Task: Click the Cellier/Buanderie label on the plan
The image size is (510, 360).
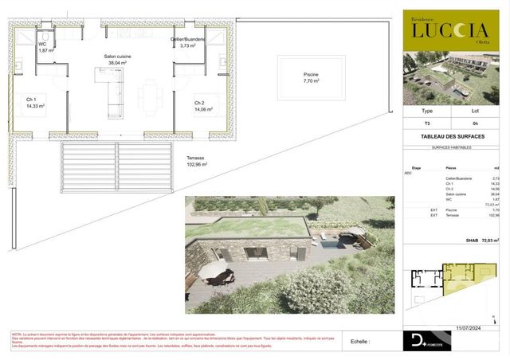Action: pyautogui.click(x=187, y=39)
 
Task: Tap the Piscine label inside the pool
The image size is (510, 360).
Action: pyautogui.click(x=310, y=75)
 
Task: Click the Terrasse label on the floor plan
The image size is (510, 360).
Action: pyautogui.click(x=196, y=158)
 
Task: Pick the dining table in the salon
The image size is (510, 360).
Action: pyautogui.click(x=149, y=97)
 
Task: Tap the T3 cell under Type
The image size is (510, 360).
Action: pyautogui.click(x=426, y=124)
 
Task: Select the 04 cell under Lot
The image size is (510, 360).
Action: pyautogui.click(x=475, y=124)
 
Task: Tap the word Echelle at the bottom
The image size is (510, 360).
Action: pyautogui.click(x=360, y=341)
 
